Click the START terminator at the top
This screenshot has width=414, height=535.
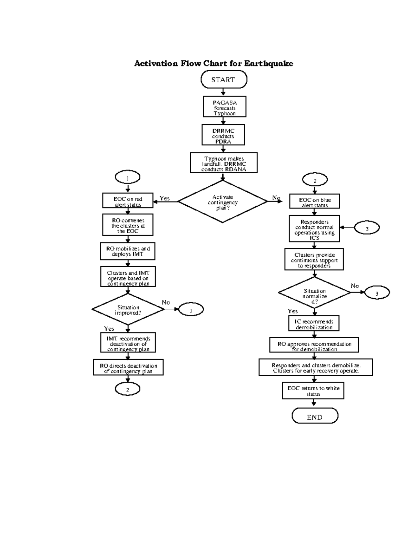(x=224, y=80)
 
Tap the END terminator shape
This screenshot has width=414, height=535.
(x=315, y=416)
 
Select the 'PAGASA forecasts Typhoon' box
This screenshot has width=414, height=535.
(x=224, y=107)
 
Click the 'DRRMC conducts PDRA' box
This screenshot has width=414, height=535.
(x=223, y=135)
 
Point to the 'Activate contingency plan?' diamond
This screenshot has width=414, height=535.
(x=223, y=202)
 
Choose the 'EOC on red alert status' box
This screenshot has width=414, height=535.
(x=128, y=201)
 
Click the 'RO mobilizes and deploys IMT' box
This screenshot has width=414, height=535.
(x=128, y=251)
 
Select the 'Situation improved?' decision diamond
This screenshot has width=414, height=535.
(x=128, y=309)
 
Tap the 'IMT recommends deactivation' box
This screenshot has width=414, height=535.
(x=128, y=343)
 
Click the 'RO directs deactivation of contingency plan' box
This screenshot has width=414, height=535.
(x=128, y=368)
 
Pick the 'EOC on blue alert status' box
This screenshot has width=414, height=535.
(x=315, y=202)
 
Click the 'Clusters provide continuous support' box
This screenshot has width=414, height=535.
(x=314, y=260)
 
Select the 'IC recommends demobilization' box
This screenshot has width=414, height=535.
(x=314, y=323)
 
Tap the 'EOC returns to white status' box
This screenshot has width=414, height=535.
(x=313, y=390)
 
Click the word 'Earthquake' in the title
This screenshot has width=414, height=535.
(x=268, y=63)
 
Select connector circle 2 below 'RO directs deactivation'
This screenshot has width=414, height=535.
(x=128, y=389)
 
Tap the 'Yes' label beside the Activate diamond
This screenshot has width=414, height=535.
(x=165, y=198)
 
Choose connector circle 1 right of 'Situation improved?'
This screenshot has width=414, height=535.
(x=191, y=310)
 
